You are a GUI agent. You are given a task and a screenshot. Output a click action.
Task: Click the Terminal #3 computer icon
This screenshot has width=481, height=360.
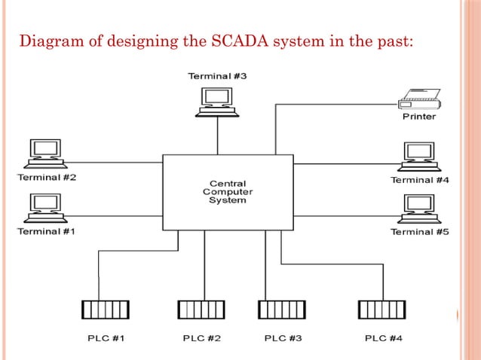[217, 101]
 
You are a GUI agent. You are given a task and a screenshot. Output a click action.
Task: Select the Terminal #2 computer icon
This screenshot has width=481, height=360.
[44, 154]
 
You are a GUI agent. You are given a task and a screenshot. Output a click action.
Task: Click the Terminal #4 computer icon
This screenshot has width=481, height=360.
[418, 156]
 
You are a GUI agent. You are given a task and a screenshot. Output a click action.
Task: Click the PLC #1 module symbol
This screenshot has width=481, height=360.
[105, 310]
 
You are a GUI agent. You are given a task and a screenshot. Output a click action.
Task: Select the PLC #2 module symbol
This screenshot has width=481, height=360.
[201, 310]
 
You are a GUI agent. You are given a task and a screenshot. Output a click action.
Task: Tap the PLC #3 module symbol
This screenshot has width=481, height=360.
[281, 310]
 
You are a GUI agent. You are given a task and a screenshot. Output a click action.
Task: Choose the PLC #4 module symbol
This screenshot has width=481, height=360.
[382, 310]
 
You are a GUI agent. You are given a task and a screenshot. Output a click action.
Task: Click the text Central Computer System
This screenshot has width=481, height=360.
[227, 192]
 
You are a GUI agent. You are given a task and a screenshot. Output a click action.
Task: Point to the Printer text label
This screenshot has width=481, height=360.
[418, 117]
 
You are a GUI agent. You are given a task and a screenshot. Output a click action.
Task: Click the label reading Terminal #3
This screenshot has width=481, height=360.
[217, 76]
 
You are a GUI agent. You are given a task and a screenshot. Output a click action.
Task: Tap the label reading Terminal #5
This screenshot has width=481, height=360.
[419, 232]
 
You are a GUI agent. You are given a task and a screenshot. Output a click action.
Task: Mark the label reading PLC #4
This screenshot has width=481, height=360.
[383, 338]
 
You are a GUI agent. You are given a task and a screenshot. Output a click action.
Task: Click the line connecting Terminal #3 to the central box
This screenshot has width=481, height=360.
[217, 136]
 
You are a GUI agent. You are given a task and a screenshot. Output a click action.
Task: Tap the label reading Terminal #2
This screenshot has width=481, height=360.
[46, 178]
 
